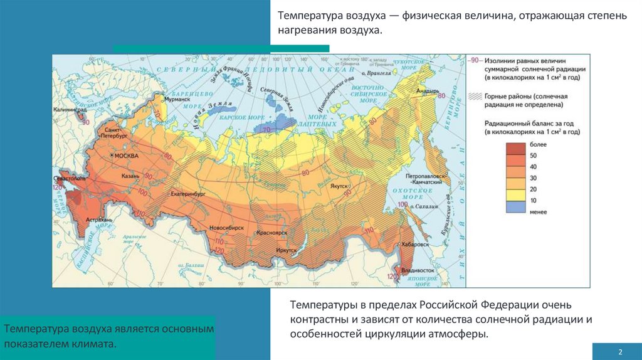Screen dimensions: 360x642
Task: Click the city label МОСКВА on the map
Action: tap(125, 155)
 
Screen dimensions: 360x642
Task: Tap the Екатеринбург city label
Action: tap(187, 194)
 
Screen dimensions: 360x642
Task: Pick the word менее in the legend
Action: tap(538, 212)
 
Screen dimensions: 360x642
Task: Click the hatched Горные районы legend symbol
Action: tap(475, 97)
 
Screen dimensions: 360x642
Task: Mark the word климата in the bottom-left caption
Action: tap(98, 344)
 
